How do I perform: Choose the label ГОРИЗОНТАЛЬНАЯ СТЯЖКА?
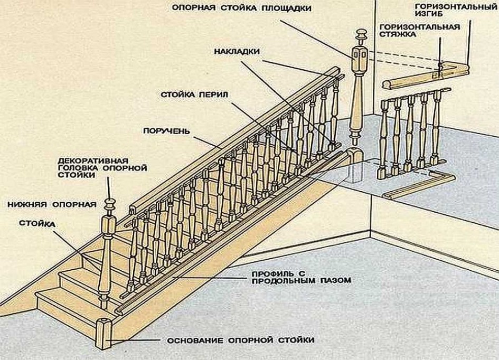tap(427, 30)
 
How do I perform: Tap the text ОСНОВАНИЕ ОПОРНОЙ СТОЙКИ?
tap(240, 340)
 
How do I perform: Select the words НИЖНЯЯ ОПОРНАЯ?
tap(51, 203)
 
